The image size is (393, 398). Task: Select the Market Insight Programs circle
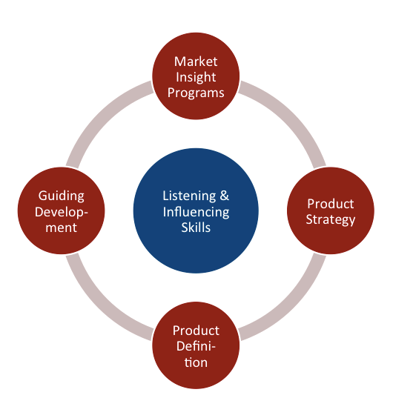pyautogui.click(x=196, y=77)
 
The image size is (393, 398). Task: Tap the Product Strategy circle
pyautogui.click(x=330, y=211)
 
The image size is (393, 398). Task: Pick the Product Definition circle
pyautogui.click(x=196, y=346)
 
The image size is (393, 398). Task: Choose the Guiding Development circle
pyautogui.click(x=62, y=211)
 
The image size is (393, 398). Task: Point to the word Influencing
pyautogui.click(x=196, y=212)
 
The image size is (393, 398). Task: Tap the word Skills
pyautogui.click(x=196, y=228)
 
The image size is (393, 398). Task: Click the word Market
pyautogui.click(x=196, y=61)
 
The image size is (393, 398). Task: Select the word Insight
pyautogui.click(x=196, y=77)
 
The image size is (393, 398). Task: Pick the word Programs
pyautogui.click(x=196, y=93)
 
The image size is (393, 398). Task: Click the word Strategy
pyautogui.click(x=331, y=219)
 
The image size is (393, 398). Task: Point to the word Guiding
pyautogui.click(x=62, y=196)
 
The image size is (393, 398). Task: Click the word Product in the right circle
pyautogui.click(x=331, y=204)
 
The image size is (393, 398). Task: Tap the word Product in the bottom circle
pyautogui.click(x=196, y=331)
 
